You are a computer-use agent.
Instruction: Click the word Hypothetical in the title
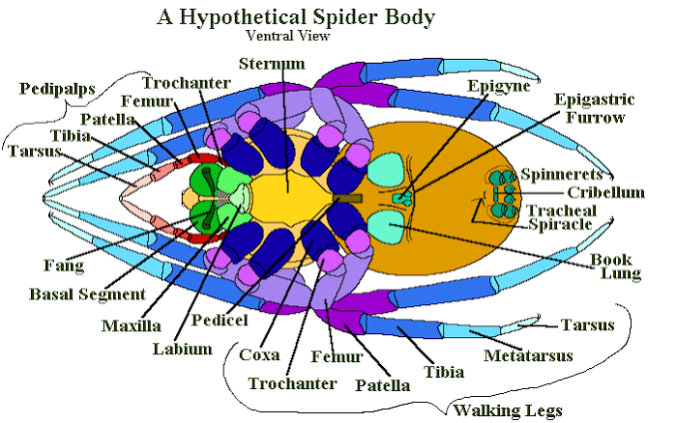coord(243,18)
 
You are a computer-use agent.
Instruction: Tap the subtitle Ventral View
coord(288,36)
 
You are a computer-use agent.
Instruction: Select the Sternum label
coord(272,64)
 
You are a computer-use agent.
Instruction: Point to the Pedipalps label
coord(57,89)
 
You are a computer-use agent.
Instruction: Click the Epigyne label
coord(499,86)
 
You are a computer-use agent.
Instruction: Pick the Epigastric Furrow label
coord(595,108)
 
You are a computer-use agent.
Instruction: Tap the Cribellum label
coord(605,192)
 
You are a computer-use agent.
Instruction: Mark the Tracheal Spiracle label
coord(561,217)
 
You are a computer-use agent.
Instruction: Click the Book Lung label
coord(615,267)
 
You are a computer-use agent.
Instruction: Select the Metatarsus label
coord(528,355)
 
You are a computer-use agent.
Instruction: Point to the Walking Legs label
coord(508,411)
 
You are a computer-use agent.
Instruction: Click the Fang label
coord(64,266)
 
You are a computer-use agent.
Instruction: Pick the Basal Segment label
coord(87,295)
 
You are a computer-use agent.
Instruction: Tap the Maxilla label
coord(132,325)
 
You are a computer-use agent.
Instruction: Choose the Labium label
coord(183,349)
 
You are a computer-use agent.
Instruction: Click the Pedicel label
coord(220,320)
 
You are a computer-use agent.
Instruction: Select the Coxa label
coord(259,355)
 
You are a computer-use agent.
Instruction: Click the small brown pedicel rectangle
coord(347,198)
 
